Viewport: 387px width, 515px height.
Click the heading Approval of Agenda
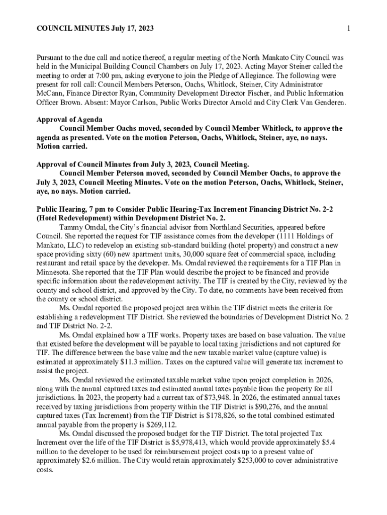[70, 120]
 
